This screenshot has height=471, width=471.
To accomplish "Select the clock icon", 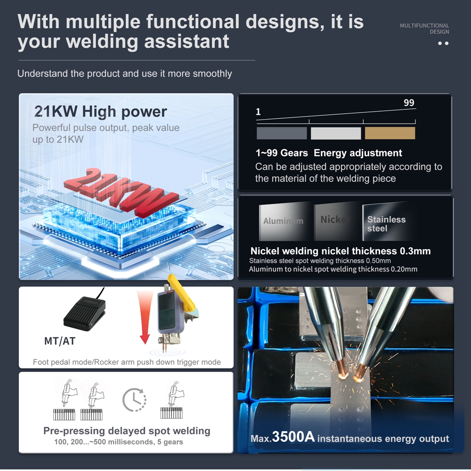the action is tap(134, 400).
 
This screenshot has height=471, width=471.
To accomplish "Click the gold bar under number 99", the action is tap(390, 133).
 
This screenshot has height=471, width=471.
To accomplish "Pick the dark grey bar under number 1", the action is tap(282, 133).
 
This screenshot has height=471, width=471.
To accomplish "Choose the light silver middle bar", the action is tap(336, 133).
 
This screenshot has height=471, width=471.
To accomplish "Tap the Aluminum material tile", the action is tap(284, 221).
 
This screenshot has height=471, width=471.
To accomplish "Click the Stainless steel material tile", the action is tap(388, 221).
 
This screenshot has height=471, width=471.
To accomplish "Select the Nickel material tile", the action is tap(337, 221).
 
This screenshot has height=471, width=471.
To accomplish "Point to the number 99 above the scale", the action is tap(409, 103).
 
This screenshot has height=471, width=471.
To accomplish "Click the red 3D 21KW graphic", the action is tap(120, 193).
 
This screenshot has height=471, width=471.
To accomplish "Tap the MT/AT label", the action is tap(60, 341).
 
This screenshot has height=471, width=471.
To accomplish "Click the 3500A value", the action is tap(293, 437).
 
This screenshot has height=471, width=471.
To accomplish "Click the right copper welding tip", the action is tap(360, 373).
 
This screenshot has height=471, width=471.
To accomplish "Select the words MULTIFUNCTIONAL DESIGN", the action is tap(424, 29).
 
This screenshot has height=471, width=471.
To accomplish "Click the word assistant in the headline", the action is tap(187, 41).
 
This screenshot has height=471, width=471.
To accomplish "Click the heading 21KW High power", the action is tap(100, 112).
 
